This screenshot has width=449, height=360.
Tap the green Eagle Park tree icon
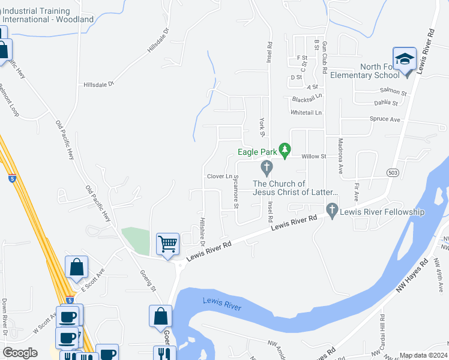point(286,149)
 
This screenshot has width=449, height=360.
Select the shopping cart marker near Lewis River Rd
point(167,244)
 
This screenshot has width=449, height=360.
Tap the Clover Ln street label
point(219,176)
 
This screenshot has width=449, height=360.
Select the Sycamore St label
point(236,191)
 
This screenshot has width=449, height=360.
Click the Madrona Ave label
point(340,156)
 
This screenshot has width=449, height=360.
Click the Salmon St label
point(393,93)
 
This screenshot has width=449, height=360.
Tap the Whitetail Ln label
point(306,112)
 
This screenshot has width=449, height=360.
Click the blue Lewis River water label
point(221,304)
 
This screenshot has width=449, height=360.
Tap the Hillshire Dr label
point(202,232)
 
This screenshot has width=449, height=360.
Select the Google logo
point(20,353)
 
